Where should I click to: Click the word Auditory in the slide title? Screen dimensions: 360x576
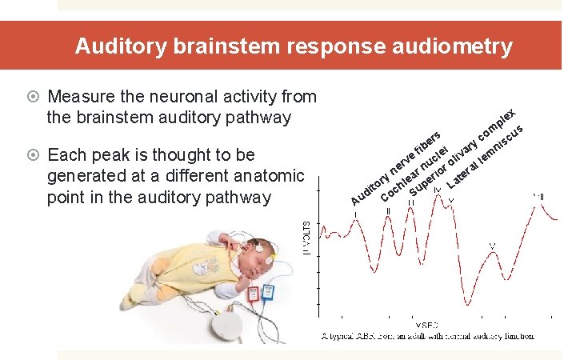coord(119,46)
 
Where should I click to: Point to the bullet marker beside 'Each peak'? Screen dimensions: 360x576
coord(34,154)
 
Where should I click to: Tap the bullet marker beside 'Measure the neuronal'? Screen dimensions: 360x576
coord(34,97)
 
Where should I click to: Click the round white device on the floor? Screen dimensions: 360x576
coord(226,324)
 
